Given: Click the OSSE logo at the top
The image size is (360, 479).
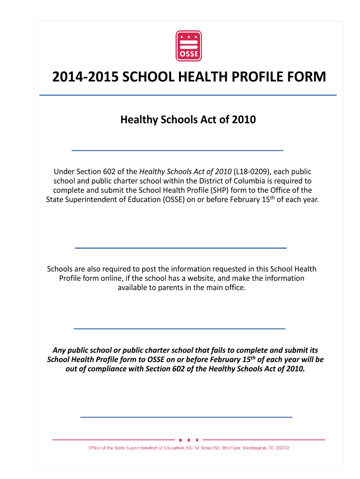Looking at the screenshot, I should point(188,46).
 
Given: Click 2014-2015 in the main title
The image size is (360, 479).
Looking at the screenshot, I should point(85,77).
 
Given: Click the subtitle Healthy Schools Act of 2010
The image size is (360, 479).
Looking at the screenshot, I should point(188,120).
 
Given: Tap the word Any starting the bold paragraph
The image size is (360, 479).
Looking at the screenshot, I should point(59,350).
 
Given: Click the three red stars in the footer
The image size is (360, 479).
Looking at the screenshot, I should point(189,440).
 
